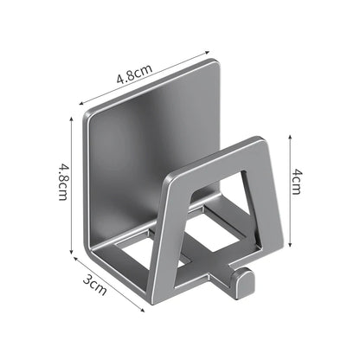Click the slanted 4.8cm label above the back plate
[134, 74]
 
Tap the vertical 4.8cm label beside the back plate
[63, 182]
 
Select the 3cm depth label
[95, 286]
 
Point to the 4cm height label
[296, 182]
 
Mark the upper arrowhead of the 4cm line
[291, 137]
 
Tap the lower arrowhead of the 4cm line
[291, 245]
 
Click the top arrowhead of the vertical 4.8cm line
[71, 119]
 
